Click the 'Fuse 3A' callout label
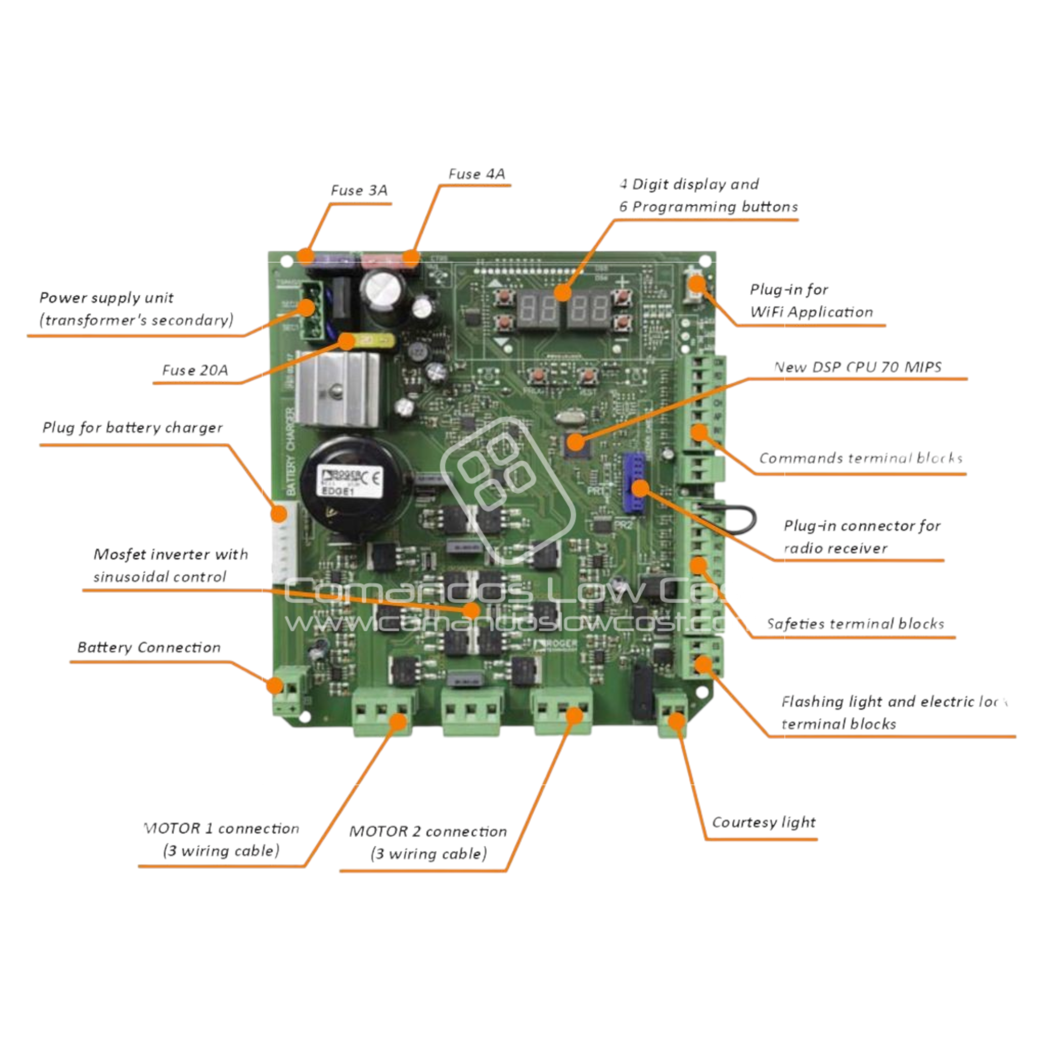(359, 191)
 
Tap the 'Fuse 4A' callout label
(476, 174)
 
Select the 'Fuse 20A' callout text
(195, 371)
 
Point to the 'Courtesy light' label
(764, 822)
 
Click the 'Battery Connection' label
(149, 648)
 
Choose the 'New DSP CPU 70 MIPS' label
(857, 367)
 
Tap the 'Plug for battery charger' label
(133, 428)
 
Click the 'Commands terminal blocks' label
(861, 459)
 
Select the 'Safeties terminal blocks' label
(855, 624)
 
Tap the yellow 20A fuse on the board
(370, 340)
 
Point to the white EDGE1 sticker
(350, 480)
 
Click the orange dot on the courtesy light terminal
(676, 721)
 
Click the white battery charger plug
(283, 542)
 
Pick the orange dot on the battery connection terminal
(276, 686)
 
